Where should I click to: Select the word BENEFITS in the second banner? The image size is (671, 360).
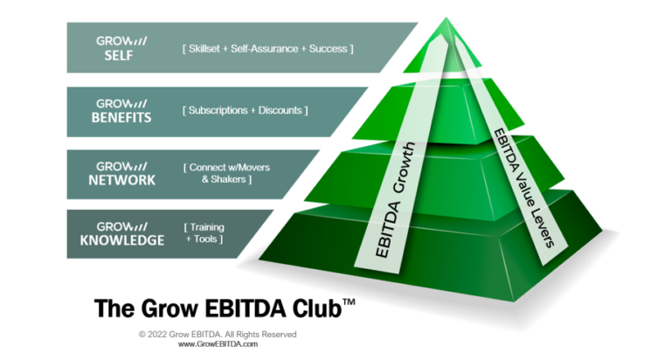(124, 119)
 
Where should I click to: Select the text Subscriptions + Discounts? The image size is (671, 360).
(245, 111)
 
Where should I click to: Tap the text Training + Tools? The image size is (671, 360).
(204, 233)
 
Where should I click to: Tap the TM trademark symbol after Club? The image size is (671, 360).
(348, 301)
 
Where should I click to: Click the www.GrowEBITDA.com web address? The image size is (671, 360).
(218, 344)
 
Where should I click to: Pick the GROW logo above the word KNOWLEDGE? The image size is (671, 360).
(121, 224)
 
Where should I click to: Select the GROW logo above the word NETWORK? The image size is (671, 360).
(121, 165)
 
